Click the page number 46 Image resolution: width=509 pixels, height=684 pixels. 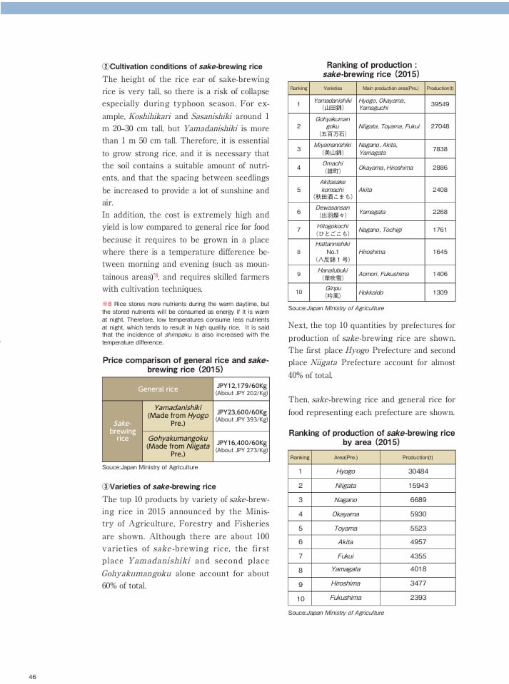(33, 676)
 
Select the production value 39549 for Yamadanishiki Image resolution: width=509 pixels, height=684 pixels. (440, 103)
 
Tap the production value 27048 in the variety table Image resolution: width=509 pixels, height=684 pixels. (440, 126)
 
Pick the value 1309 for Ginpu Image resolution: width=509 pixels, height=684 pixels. (440, 292)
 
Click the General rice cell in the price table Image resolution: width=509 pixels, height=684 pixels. (158, 389)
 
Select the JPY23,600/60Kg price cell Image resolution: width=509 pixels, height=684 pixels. (241, 415)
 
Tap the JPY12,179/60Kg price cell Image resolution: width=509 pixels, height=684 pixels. (241, 389)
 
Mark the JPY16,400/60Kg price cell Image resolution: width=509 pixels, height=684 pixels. (241, 446)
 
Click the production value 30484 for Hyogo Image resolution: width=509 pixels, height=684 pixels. (418, 471)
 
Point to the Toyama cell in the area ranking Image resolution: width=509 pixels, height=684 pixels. (346, 528)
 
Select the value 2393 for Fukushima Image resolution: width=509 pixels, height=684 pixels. (418, 597)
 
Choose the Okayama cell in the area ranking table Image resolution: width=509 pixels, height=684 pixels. (346, 514)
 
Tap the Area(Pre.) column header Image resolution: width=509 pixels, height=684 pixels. (346, 457)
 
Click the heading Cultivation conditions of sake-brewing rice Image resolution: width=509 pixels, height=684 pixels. (182, 66)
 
